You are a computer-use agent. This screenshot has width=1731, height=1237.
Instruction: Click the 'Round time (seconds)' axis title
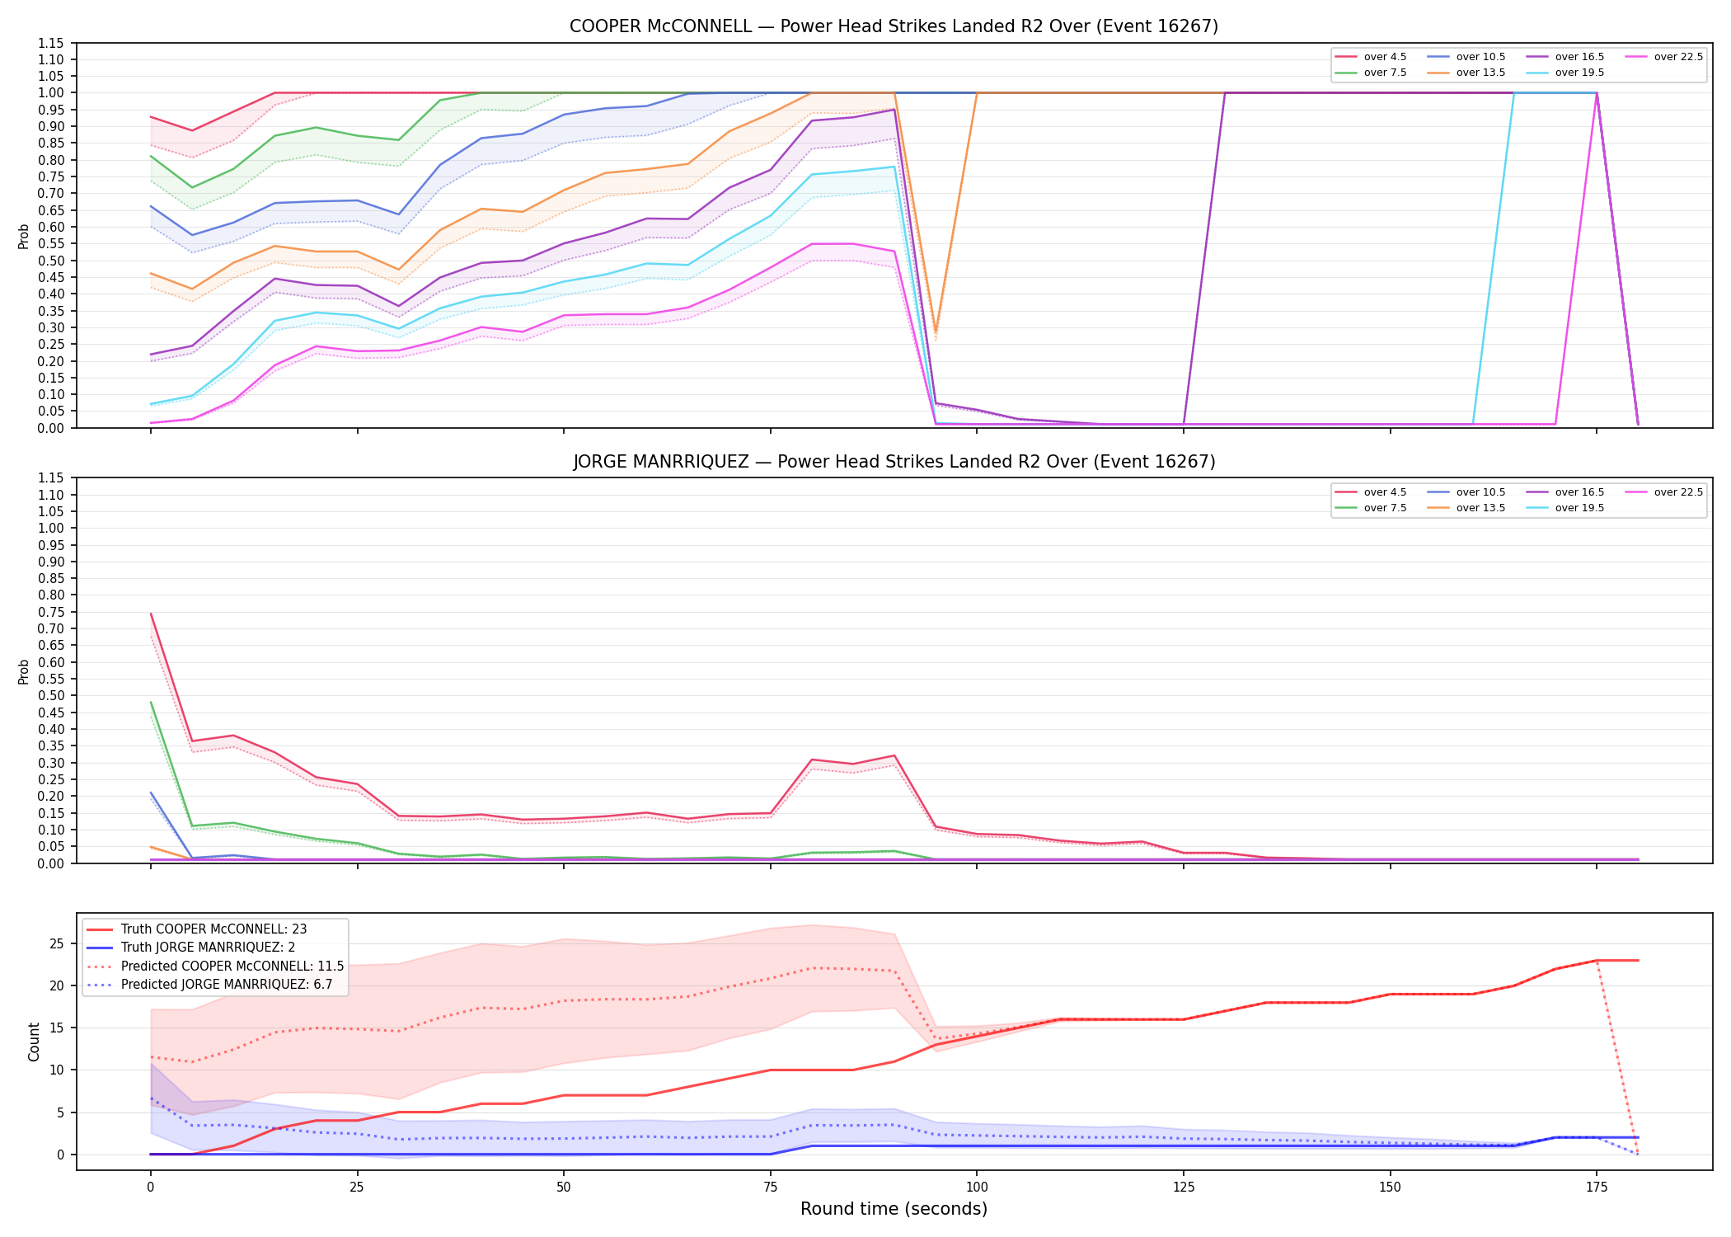click(x=894, y=1209)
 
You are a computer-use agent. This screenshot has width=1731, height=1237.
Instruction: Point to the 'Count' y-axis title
click(x=34, y=1042)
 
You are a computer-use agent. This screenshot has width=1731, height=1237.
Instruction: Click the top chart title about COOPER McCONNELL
click(x=894, y=26)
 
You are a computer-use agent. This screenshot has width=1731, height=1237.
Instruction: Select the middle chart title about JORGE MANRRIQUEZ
click(x=894, y=462)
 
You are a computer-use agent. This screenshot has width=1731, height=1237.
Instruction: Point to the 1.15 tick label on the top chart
click(x=50, y=43)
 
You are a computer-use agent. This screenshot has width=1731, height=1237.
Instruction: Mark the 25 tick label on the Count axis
click(x=56, y=943)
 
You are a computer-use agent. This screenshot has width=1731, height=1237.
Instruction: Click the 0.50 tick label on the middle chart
click(x=50, y=695)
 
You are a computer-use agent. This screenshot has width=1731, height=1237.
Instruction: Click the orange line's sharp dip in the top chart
click(x=935, y=332)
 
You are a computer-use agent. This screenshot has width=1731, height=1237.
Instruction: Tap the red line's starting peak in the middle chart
click(x=151, y=614)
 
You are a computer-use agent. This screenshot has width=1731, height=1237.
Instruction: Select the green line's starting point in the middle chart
click(x=151, y=703)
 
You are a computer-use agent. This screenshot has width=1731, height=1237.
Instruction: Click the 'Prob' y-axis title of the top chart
click(x=24, y=236)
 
